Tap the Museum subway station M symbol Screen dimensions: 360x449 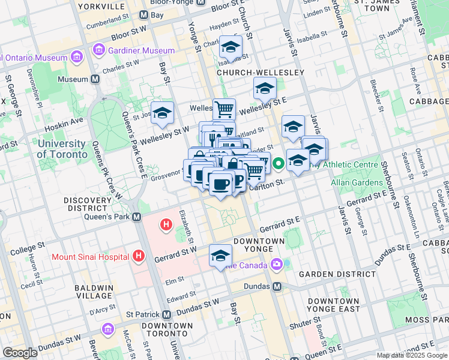click(x=95, y=79)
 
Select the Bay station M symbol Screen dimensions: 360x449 click(x=144, y=14)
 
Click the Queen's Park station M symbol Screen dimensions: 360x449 click(x=137, y=217)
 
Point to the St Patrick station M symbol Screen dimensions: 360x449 click(x=167, y=314)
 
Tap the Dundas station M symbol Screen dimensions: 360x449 click(x=277, y=287)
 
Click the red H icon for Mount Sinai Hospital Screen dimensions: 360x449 click(x=139, y=257)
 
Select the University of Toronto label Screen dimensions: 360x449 click(x=61, y=149)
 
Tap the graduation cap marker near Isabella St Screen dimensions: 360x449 click(x=231, y=47)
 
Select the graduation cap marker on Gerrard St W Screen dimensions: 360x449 click(x=220, y=256)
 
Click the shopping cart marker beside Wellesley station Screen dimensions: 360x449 click(x=224, y=109)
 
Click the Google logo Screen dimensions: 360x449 click(x=21, y=353)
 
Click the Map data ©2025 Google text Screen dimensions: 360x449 click(x=411, y=355)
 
